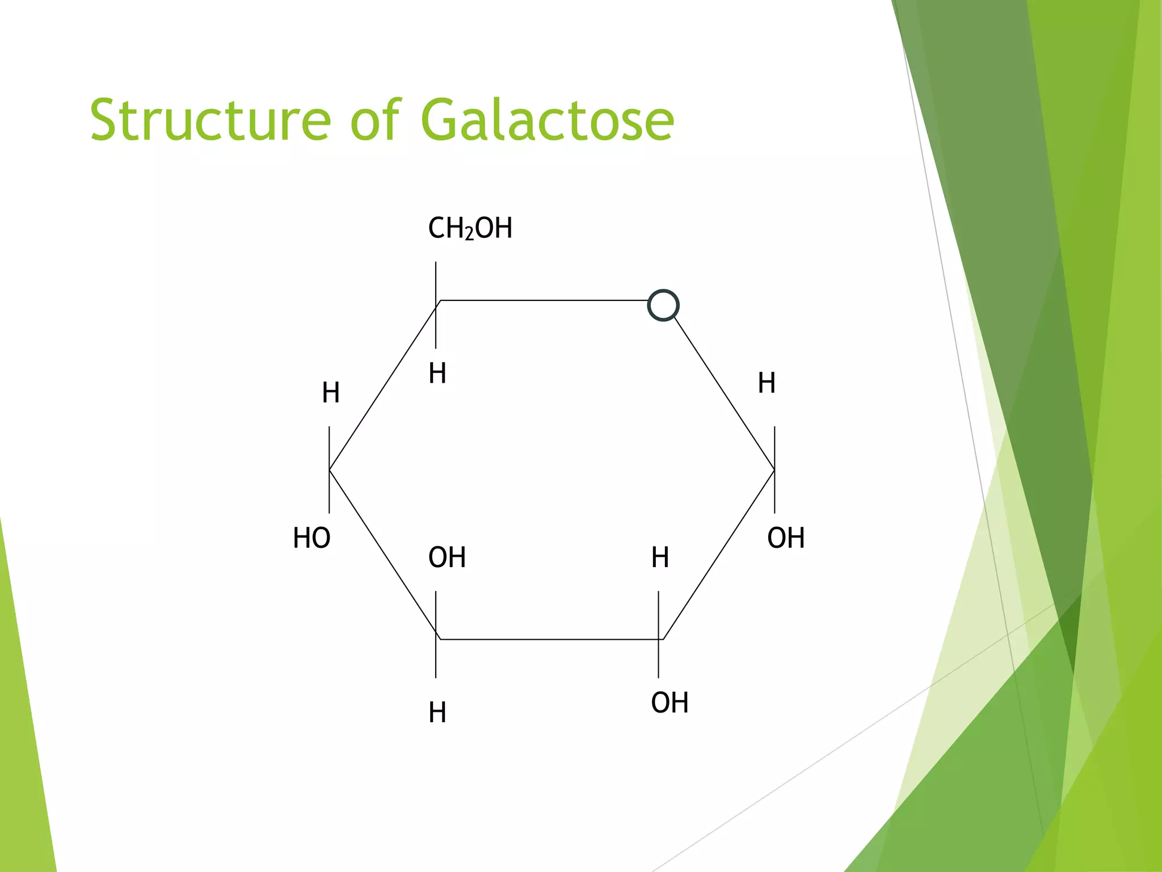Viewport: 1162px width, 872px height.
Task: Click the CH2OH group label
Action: pos(470,228)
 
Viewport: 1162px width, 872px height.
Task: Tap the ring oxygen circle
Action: pos(663,305)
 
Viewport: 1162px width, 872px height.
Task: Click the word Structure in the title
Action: pos(210,120)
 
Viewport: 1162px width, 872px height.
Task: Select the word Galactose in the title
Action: pos(548,120)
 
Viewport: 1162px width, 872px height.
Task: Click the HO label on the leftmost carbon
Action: pos(311,538)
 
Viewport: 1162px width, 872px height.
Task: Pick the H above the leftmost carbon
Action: pos(331,392)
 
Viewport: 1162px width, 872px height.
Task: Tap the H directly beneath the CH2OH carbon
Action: pos(437,373)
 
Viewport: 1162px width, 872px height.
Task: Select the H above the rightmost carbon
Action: pos(767,383)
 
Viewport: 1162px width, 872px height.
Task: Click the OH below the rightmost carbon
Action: pos(786,538)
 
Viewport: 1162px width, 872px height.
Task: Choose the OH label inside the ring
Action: pos(447,557)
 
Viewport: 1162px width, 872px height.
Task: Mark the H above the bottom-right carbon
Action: pos(660,557)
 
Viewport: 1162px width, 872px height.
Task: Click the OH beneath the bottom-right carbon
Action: pos(670,702)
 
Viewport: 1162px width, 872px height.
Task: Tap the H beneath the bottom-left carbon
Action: pos(437,712)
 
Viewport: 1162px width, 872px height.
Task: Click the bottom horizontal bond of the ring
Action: pos(548,639)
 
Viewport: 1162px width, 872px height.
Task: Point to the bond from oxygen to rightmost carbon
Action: pos(723,393)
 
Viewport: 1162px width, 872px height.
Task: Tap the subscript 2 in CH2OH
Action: pos(469,234)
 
